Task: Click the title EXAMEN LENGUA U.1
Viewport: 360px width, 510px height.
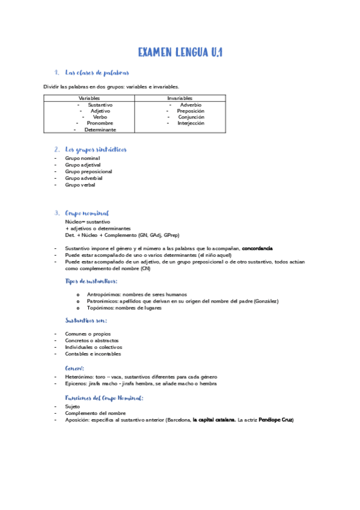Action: point(180,53)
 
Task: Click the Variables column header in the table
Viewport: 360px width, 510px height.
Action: point(89,98)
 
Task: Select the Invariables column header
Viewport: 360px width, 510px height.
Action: point(180,98)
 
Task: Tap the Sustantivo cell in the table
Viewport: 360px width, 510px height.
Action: point(100,105)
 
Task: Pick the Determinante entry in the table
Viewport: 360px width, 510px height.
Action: point(100,129)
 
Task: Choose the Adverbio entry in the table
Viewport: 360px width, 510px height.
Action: point(191,105)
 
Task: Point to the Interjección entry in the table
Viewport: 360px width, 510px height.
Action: point(191,123)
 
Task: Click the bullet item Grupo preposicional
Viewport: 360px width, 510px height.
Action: point(88,171)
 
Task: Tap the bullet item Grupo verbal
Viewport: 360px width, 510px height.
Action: point(80,185)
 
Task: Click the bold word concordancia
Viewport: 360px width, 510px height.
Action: point(257,248)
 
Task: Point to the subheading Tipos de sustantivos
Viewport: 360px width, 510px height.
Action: point(91,281)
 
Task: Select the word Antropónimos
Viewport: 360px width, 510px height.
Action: point(103,295)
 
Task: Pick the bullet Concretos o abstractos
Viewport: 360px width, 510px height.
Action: point(92,340)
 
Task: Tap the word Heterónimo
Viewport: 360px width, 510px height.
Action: point(79,377)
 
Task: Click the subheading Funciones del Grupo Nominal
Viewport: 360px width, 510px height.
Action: point(104,398)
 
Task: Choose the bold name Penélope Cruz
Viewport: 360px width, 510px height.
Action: point(276,420)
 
